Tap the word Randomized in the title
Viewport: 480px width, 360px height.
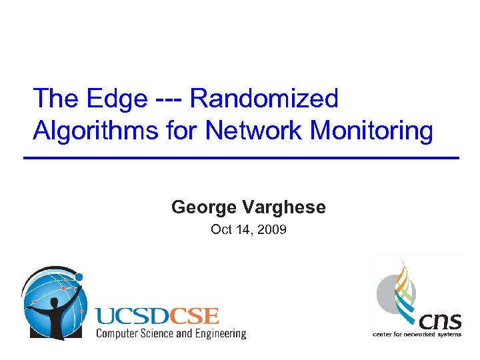click(x=265, y=99)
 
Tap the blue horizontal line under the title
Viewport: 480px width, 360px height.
click(x=241, y=157)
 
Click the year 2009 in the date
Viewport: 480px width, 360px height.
click(x=273, y=230)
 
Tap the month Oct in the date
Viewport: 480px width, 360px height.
click(x=221, y=230)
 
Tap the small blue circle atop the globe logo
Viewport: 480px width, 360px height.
click(x=79, y=276)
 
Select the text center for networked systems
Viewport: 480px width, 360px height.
click(x=417, y=334)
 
